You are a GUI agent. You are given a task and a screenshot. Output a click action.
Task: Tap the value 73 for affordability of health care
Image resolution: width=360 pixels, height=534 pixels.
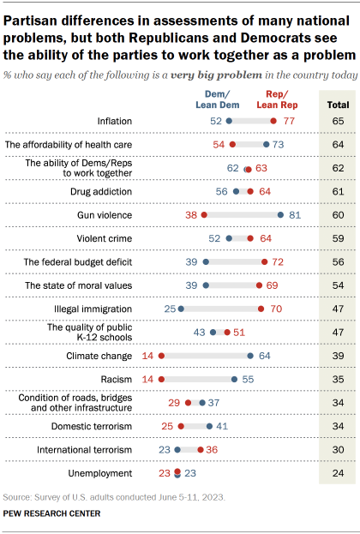pyautogui.click(x=279, y=146)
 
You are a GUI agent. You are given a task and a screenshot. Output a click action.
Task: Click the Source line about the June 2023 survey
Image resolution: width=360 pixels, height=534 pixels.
pyautogui.click(x=97, y=497)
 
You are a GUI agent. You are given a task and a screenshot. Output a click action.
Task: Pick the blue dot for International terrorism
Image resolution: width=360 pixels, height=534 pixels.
pyautogui.click(x=177, y=448)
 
